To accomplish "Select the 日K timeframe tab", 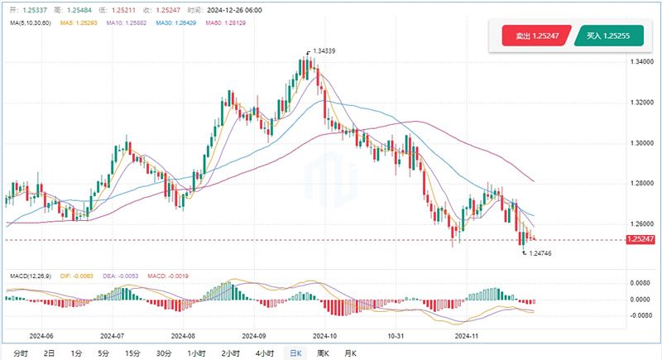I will pos(294,353).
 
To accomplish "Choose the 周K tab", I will pos(323,353).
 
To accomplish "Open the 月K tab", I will pos(350,353).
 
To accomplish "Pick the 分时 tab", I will pos(21,353).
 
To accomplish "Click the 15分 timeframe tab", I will pos(132,353).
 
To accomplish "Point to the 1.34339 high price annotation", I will pos(324,51).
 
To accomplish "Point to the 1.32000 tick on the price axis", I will pos(640,103).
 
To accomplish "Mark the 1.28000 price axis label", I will pos(640,184).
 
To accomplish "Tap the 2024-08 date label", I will pos(182,337).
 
